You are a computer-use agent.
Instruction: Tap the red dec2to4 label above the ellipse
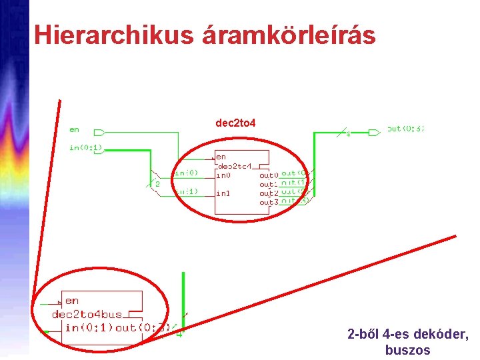(x=235, y=123)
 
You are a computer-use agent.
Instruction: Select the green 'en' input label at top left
(x=74, y=129)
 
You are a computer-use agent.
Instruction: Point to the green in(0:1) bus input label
(x=86, y=147)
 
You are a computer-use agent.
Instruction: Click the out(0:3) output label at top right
(x=405, y=129)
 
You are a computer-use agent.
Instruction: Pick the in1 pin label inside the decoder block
(x=223, y=193)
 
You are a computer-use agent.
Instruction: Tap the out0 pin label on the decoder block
(x=268, y=175)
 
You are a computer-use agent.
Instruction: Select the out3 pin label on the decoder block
(x=268, y=201)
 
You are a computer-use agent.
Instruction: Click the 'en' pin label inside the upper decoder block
(x=221, y=157)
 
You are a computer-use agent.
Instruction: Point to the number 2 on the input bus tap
(x=157, y=183)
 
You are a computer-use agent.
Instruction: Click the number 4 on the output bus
(x=348, y=134)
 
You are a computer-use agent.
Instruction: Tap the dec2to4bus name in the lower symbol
(x=87, y=314)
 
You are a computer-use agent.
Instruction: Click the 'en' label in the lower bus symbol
(x=72, y=301)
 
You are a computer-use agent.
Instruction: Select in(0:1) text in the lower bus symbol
(x=89, y=327)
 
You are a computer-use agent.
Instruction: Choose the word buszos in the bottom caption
(x=408, y=349)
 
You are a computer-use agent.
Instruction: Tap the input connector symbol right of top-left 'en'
(x=99, y=131)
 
